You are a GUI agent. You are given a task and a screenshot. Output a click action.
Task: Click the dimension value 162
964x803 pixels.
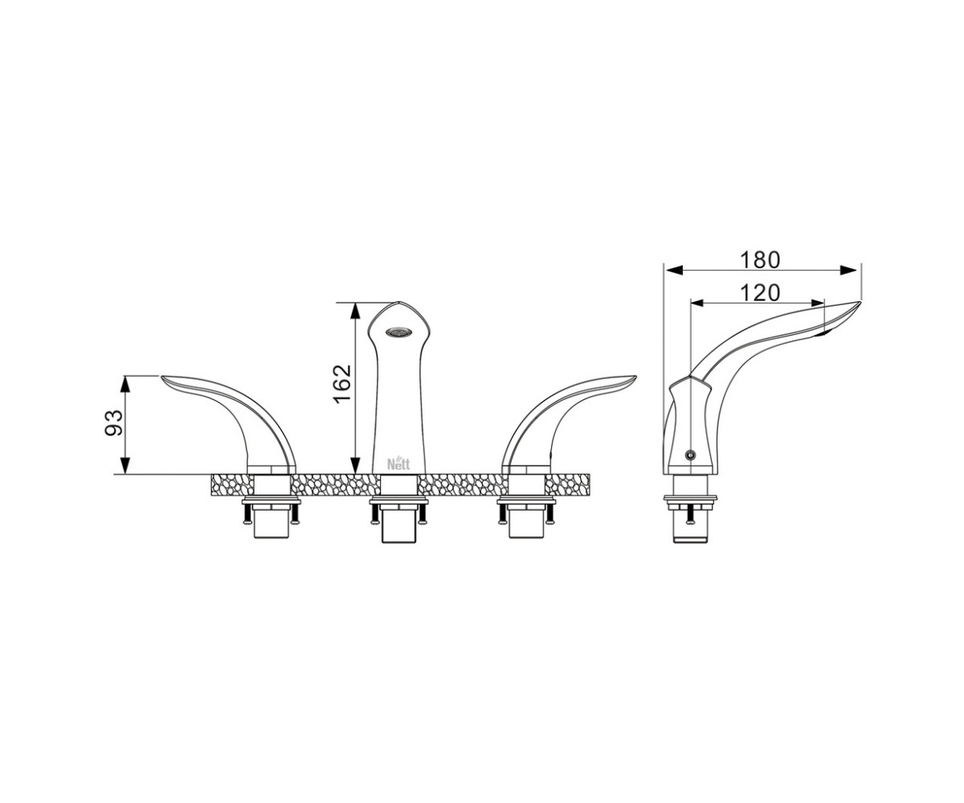tap(342, 385)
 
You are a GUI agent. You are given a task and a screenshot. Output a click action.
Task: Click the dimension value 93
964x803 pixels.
tap(113, 422)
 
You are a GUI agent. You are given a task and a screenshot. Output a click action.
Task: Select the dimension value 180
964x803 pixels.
tap(760, 260)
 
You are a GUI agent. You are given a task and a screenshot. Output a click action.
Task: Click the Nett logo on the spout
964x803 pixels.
tap(398, 463)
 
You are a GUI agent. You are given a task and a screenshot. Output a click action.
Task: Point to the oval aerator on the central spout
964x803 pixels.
tap(398, 332)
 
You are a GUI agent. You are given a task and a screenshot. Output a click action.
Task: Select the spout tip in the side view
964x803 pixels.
tap(860, 302)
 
